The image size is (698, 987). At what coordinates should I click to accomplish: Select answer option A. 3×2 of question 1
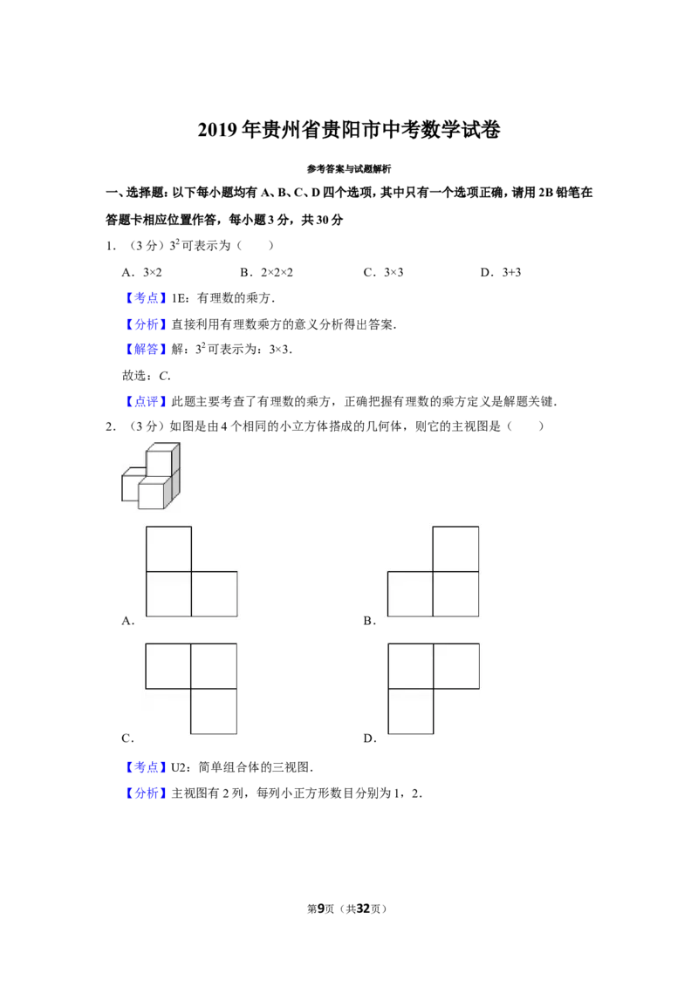141,273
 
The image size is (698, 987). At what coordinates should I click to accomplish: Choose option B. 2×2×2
266,273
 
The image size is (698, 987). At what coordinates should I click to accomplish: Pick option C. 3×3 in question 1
383,273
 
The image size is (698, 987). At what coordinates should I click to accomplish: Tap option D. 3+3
501,273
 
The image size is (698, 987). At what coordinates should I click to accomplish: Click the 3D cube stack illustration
151,476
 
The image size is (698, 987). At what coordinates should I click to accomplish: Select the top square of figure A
169,549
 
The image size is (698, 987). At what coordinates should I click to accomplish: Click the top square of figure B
455,549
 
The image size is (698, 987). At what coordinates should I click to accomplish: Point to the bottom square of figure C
214,711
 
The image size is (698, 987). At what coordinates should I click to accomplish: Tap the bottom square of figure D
411,711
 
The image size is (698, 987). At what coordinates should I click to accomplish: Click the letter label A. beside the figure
128,622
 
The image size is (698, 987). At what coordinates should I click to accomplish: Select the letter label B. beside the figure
370,622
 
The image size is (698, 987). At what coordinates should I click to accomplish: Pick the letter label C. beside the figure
128,739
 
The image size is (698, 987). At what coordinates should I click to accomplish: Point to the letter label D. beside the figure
370,739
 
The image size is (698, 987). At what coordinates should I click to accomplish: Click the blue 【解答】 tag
147,350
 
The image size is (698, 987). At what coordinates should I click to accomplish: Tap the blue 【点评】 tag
147,401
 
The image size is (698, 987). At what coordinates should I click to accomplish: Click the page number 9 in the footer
321,909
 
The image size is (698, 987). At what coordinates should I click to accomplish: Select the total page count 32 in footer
363,909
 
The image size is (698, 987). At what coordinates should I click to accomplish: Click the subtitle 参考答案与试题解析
349,168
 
